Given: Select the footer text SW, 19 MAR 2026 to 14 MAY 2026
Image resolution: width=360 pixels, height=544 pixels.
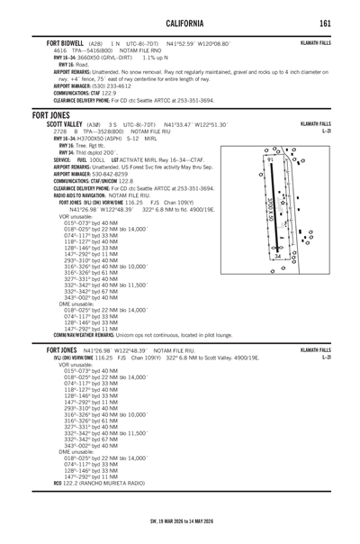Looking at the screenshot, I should (x=179, y=534).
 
